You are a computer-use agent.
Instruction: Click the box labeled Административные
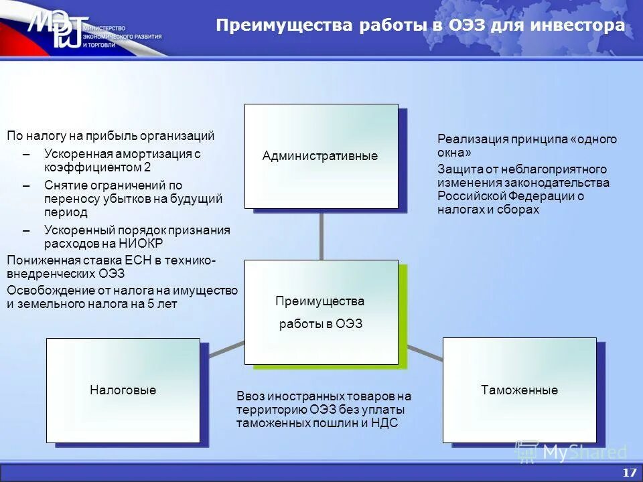click(321, 156)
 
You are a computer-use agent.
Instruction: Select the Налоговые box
click(123, 390)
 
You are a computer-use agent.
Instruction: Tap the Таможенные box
click(519, 390)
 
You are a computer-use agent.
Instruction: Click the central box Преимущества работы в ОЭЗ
click(321, 312)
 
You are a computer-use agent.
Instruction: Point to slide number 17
click(629, 473)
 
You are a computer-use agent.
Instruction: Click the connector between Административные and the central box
click(321, 234)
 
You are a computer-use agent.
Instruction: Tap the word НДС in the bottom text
click(384, 422)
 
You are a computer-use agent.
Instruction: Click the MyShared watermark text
click(584, 453)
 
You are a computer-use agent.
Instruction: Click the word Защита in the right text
click(457, 169)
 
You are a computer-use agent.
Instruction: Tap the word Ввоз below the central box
click(251, 396)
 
